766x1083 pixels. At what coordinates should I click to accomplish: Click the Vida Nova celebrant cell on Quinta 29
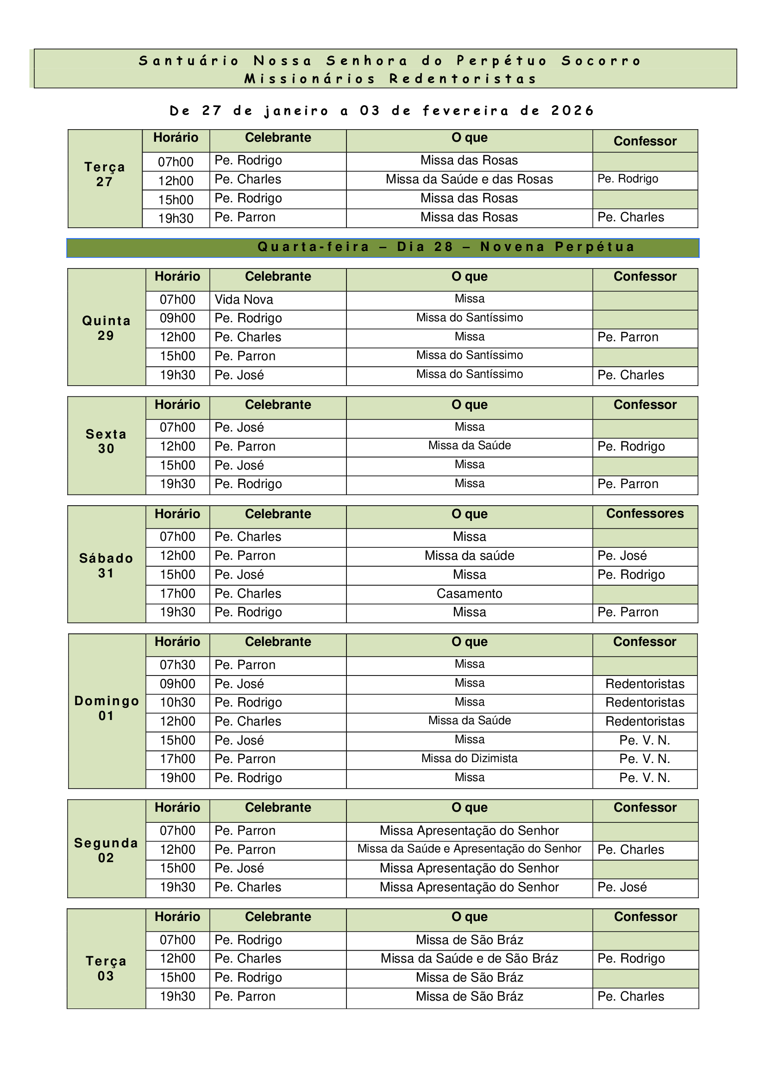click(244, 300)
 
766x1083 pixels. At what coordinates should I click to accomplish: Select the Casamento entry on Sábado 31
click(469, 594)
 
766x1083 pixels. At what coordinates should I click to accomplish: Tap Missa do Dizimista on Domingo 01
click(469, 758)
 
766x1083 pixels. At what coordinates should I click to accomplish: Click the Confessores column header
click(645, 513)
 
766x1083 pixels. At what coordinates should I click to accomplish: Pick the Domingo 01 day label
click(107, 708)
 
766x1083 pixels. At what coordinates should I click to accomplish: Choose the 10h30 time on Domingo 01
click(177, 702)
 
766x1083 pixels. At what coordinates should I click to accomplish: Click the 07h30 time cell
click(177, 664)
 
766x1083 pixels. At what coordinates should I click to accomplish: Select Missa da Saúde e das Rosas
click(469, 179)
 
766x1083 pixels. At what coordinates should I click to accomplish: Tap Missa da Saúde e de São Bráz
click(469, 958)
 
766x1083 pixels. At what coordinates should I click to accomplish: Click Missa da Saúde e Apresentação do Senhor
click(469, 849)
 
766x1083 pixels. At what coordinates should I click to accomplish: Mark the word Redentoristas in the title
click(463, 79)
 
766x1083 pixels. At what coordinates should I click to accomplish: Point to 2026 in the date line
click(572, 111)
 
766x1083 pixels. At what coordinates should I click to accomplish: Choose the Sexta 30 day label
click(106, 442)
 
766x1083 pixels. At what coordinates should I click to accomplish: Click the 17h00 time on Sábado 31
click(177, 594)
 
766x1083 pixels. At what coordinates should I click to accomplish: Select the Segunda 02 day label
click(106, 850)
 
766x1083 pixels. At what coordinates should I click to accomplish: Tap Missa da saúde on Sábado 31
click(469, 556)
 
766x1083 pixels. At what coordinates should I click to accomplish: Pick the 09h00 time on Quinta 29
click(177, 318)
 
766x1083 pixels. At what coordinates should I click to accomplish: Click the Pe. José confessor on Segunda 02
click(622, 887)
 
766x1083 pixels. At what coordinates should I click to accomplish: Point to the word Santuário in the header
click(189, 61)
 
